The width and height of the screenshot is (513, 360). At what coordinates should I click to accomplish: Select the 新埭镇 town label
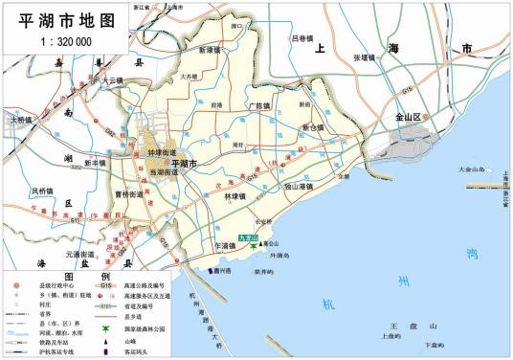click(212, 50)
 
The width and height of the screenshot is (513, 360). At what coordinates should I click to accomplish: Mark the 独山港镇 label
click(308, 186)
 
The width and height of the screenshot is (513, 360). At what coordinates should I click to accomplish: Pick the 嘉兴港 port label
click(225, 271)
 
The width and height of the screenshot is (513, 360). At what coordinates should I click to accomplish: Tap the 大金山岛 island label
click(472, 169)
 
